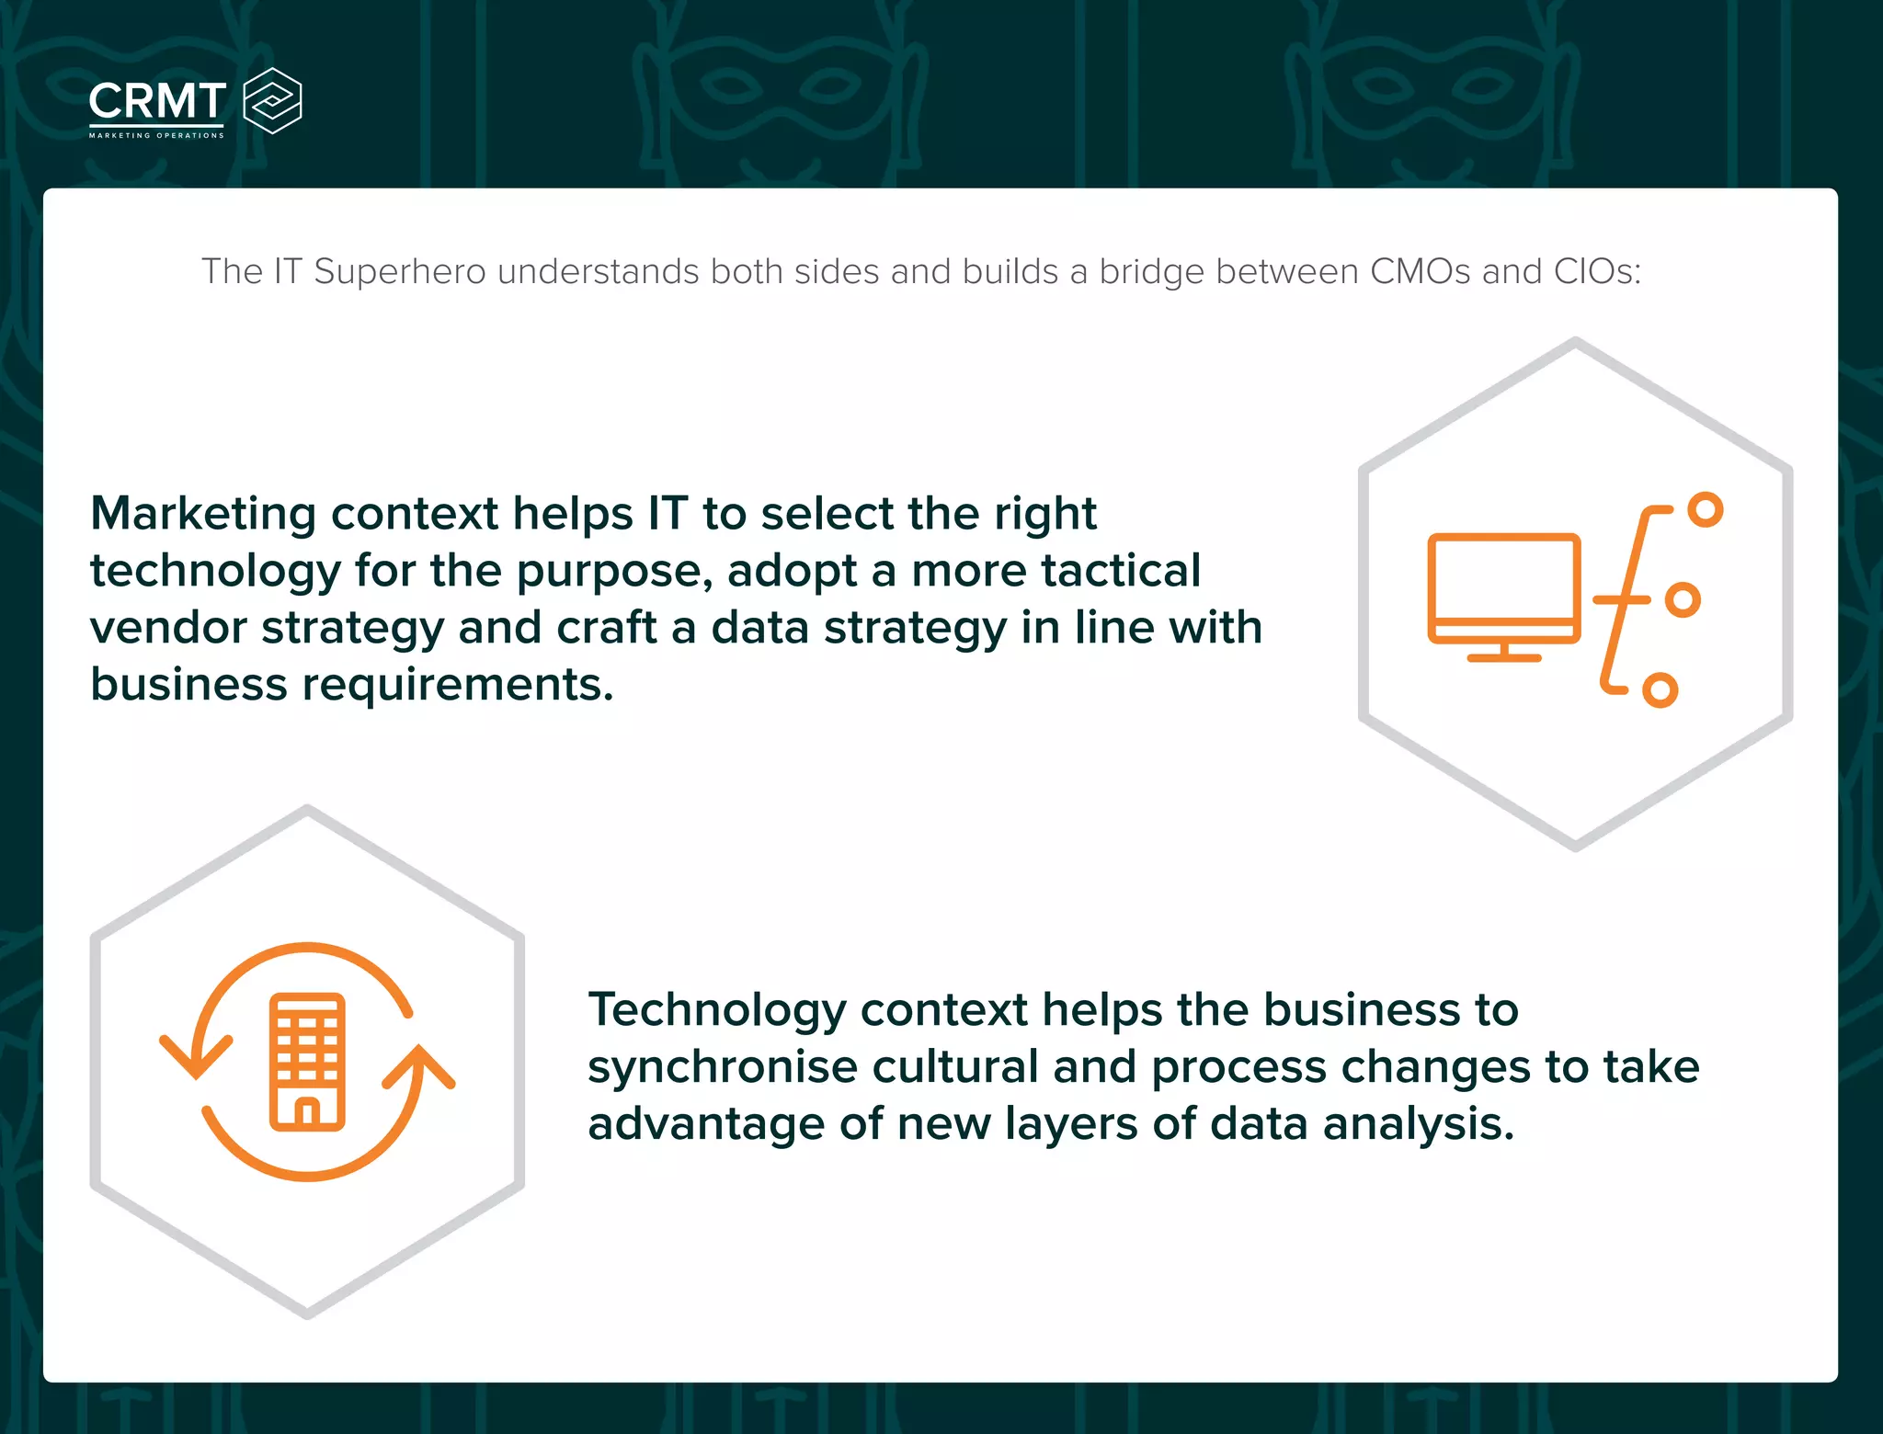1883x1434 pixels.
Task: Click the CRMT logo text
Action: pos(157,101)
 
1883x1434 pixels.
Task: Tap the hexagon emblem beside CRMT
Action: pos(272,101)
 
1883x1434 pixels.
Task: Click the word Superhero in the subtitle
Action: pos(400,272)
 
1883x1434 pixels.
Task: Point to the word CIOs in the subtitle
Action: pos(1596,272)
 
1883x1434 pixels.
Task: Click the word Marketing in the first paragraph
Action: pos(203,514)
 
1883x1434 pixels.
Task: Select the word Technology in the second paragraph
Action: pos(716,1009)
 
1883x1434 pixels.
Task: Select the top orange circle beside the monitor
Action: pos(1706,509)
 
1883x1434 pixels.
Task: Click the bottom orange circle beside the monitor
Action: pos(1660,689)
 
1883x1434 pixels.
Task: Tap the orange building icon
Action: pos(307,1062)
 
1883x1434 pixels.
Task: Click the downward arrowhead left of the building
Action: pos(196,1057)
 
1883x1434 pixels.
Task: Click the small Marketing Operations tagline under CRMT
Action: pos(156,135)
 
